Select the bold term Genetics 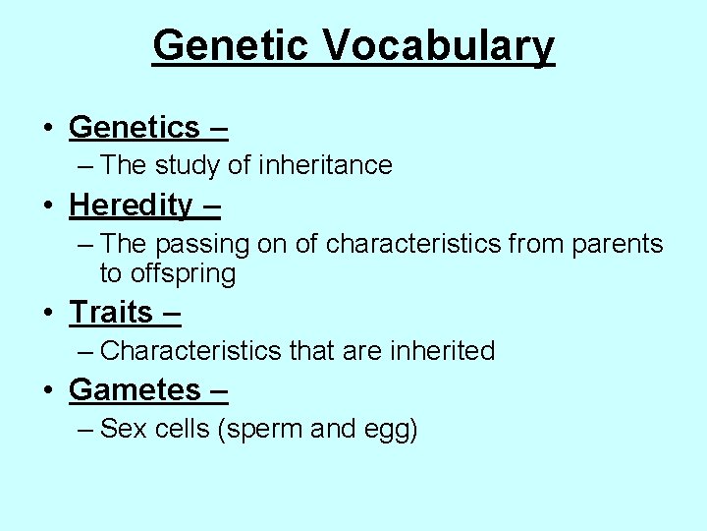click(x=134, y=127)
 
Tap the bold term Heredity click(x=131, y=205)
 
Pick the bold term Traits click(x=110, y=312)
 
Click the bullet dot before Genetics click(x=48, y=128)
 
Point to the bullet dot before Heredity click(x=48, y=206)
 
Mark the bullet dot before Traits click(x=48, y=313)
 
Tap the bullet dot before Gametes click(x=48, y=390)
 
